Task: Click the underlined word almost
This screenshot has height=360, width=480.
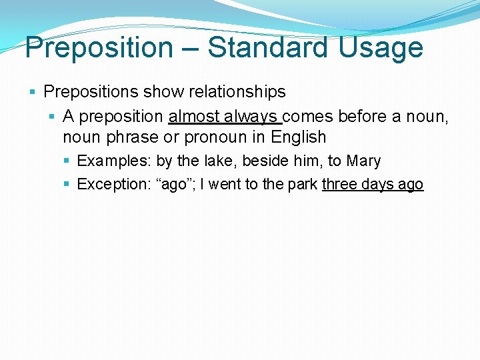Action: click(194, 117)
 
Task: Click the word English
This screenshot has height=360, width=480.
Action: click(298, 137)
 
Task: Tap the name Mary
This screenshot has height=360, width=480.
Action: click(363, 161)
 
